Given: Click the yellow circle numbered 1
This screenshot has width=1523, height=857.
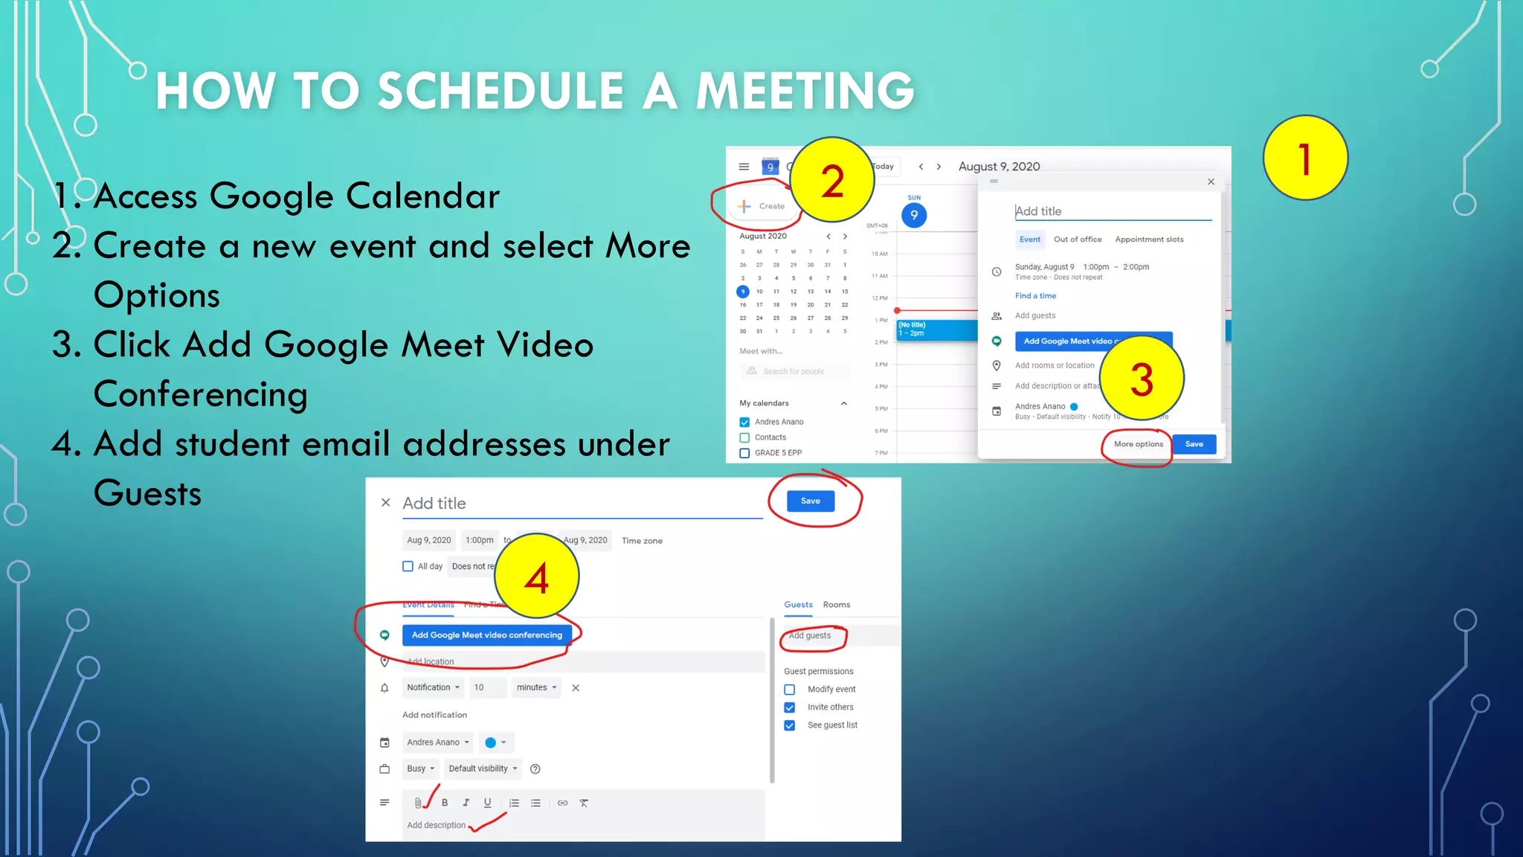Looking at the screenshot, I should point(1305,158).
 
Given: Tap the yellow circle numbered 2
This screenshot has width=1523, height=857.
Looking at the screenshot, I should point(832,180).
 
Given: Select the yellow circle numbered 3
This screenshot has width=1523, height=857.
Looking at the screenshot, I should point(1142,378).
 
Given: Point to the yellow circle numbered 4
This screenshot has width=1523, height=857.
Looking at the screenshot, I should point(536,577).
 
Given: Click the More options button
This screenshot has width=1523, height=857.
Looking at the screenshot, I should point(1138,444).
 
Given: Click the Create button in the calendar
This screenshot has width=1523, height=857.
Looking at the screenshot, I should point(763,206).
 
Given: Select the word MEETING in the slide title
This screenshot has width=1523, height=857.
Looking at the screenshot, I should point(805,91).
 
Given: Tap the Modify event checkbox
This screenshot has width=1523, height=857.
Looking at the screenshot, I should point(790,690).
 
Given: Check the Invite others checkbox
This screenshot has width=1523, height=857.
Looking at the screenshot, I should point(790,707).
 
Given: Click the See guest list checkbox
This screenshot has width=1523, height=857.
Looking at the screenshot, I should point(790,725).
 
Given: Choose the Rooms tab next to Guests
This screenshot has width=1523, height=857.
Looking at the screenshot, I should point(837,605).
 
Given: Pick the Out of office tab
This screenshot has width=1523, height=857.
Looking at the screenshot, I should point(1078,240).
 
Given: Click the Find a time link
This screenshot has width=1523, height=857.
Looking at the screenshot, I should point(1035,296).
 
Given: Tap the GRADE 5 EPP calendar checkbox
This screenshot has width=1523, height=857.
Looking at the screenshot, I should point(744,453).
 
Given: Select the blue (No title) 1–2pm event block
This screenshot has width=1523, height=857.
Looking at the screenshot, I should point(936,330).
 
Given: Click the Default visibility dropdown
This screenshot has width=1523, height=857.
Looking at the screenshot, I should point(483,768).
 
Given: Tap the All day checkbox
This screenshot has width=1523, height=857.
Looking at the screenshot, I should point(408,566).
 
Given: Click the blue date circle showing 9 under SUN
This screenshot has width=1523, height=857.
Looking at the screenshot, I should point(914,215).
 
